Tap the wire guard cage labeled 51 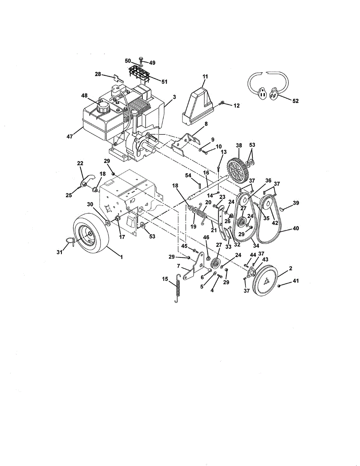click(x=139, y=73)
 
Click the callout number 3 click(x=174, y=97)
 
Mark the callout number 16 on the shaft click(x=206, y=172)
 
